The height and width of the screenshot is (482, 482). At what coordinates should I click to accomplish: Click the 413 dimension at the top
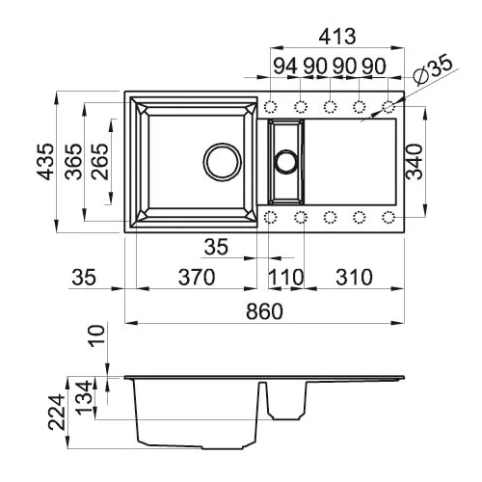click(x=337, y=37)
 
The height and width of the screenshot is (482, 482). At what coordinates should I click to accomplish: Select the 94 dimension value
click(x=285, y=67)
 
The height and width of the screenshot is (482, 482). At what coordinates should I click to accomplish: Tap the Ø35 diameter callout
click(x=433, y=71)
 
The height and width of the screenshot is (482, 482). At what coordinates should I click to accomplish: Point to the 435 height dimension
click(x=45, y=161)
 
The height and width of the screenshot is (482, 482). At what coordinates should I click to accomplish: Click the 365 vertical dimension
click(x=73, y=161)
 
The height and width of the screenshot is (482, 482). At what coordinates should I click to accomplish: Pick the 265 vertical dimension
click(x=99, y=161)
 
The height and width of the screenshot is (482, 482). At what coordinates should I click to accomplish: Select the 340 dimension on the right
click(x=414, y=162)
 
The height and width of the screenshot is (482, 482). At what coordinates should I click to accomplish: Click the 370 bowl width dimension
click(x=197, y=277)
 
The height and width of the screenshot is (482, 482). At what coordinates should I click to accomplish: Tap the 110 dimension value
click(x=285, y=277)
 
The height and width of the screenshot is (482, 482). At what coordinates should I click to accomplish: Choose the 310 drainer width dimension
click(x=354, y=277)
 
